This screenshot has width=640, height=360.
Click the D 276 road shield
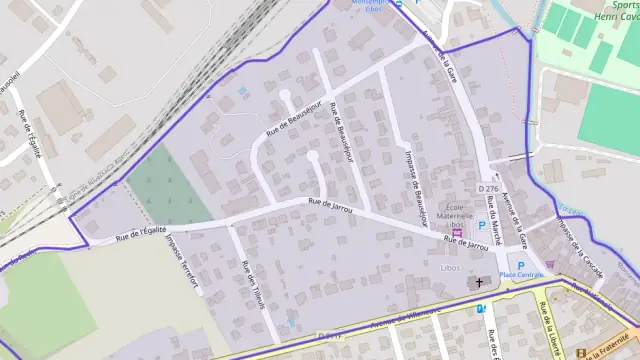(488, 188)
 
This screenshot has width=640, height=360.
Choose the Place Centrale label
(521, 276)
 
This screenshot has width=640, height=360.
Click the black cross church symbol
(478, 283)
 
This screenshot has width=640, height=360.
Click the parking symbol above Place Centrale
(520, 266)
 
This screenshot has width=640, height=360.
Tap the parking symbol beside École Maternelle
(481, 226)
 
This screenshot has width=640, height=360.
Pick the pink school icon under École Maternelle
(459, 232)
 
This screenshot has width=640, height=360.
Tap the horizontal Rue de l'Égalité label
(140, 234)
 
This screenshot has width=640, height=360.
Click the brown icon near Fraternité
(583, 352)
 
